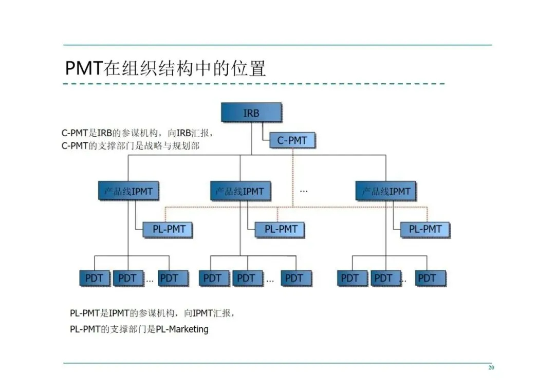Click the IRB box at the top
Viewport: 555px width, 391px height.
tap(251, 113)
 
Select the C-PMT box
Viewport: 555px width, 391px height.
tap(292, 140)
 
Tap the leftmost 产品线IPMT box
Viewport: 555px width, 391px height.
tap(128, 191)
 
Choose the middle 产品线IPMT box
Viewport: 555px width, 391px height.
tap(240, 191)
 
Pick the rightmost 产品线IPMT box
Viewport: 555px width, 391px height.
tap(386, 191)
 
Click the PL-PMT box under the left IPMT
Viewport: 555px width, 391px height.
tap(168, 229)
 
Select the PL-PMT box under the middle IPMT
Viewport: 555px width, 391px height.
tap(280, 229)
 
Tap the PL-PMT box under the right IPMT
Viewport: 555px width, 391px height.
tap(424, 229)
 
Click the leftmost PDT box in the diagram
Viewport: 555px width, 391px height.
tap(94, 278)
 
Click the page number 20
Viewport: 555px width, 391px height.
tap(491, 368)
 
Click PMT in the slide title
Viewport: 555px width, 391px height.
tap(84, 68)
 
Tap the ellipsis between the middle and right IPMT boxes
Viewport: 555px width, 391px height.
tap(304, 191)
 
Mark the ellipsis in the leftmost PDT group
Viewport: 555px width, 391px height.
tap(150, 281)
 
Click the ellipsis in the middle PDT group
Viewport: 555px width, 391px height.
tap(270, 281)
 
